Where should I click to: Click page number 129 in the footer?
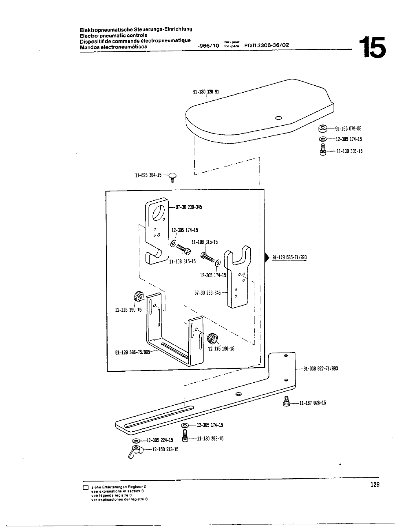pyautogui.click(x=374, y=484)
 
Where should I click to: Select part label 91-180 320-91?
pyautogui.click(x=206, y=92)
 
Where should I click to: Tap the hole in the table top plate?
pyautogui.click(x=278, y=118)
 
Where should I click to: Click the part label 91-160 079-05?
pyautogui.click(x=349, y=129)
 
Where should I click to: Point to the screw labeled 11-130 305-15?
pyautogui.click(x=323, y=150)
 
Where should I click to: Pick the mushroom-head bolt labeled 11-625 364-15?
pyautogui.click(x=172, y=177)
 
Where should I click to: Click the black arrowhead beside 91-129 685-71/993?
pyautogui.click(x=267, y=257)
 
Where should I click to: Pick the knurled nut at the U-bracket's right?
pyautogui.click(x=212, y=338)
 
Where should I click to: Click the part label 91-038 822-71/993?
pyautogui.click(x=320, y=368)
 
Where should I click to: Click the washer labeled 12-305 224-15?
pyautogui.click(x=136, y=441)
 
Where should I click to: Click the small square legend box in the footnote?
pyautogui.click(x=86, y=488)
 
